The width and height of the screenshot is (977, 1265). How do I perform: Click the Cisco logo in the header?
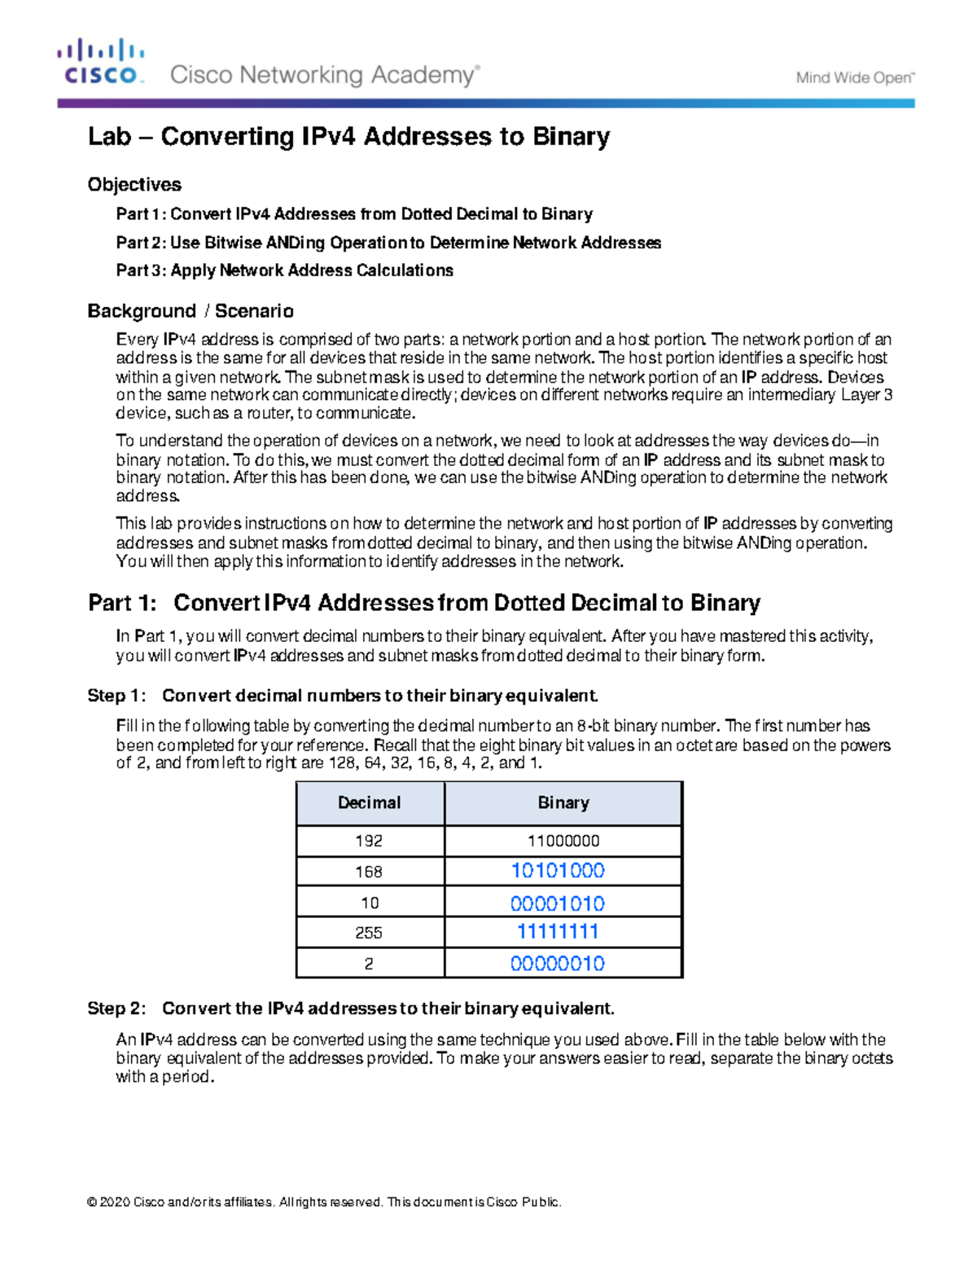pos(101,62)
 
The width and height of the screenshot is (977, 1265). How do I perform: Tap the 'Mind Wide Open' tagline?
pos(855,78)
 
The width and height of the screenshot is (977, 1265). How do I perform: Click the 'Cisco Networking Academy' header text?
pos(324,75)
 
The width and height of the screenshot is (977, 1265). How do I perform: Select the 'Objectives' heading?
pos(134,185)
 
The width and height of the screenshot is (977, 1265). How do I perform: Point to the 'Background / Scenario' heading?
pos(191,311)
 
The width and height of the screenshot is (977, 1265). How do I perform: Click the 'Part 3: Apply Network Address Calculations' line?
pos(284,270)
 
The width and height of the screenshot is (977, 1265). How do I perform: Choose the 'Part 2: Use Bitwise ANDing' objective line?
pos(388,243)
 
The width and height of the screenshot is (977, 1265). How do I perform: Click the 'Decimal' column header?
pos(369,803)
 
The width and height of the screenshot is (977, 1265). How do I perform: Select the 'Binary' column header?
pos(563,803)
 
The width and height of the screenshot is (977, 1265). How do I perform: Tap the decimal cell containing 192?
pos(369,841)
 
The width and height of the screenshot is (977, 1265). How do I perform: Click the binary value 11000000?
pos(563,841)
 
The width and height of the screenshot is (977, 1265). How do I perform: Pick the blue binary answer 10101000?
pos(558,871)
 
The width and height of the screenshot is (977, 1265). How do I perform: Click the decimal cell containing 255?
pos(369,933)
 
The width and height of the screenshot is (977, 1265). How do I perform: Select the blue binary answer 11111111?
pos(558,932)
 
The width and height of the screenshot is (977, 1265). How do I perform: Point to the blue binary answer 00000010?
pos(558,964)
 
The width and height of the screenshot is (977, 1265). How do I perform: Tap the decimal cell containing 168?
pos(369,872)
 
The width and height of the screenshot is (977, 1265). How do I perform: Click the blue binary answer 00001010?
pos(558,903)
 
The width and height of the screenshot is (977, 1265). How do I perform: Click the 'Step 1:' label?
pos(116,696)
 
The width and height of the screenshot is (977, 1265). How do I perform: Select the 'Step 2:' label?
pos(116,1008)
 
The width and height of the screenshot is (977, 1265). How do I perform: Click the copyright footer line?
pos(324,1202)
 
